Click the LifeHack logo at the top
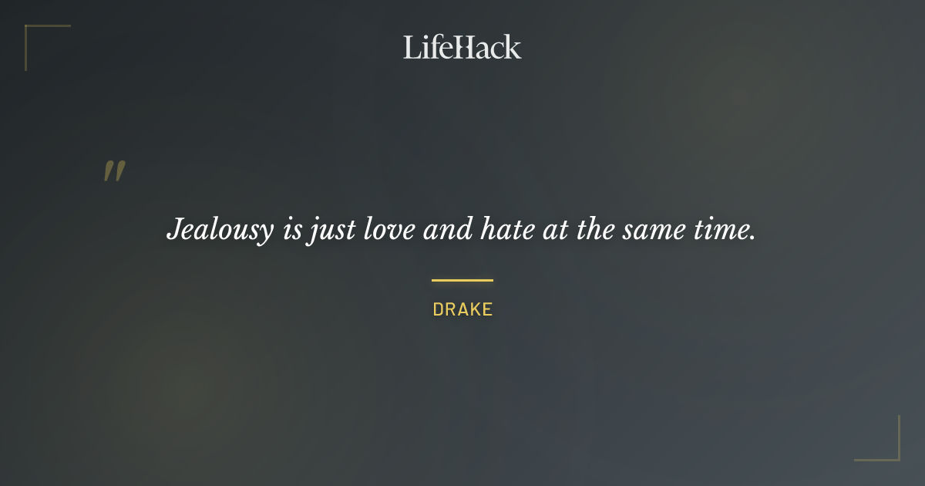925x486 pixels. [462, 47]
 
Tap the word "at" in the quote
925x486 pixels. [555, 230]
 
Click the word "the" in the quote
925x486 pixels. [594, 230]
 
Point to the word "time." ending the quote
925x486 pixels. [723, 230]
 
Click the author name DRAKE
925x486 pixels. [462, 310]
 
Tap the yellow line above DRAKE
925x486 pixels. [462, 280]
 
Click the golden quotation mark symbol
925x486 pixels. [114, 171]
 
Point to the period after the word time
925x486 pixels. [752, 238]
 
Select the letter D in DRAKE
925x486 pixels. [438, 310]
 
